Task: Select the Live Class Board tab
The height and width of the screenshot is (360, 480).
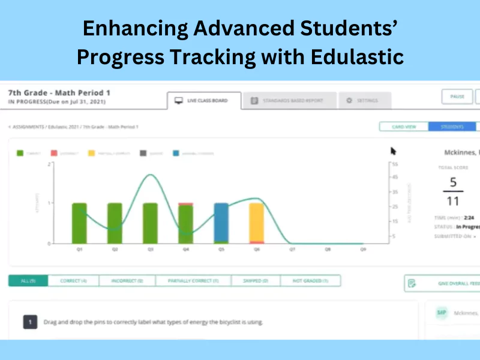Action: point(204,100)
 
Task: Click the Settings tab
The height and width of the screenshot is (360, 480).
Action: point(364,101)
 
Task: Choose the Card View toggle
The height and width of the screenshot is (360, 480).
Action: point(403,127)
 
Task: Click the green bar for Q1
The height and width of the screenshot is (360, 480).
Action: point(79,223)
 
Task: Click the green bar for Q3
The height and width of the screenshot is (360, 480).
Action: point(150,223)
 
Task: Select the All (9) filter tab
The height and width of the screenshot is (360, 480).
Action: point(28,280)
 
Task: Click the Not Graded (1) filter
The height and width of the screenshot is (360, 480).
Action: point(310,280)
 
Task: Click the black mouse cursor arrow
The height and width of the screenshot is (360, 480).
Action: point(394,151)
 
